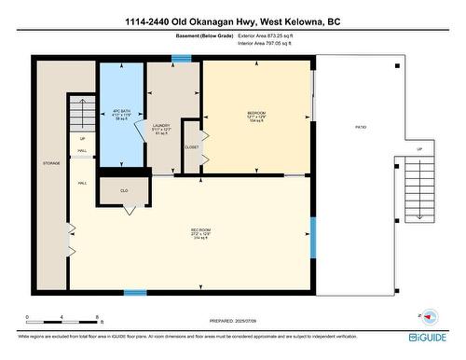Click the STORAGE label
(50, 163)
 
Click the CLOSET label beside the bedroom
(192, 147)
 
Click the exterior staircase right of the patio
(418, 187)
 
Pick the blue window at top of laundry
(181, 59)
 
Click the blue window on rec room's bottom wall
(135, 293)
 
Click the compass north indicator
(426, 317)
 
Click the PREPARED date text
(233, 319)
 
